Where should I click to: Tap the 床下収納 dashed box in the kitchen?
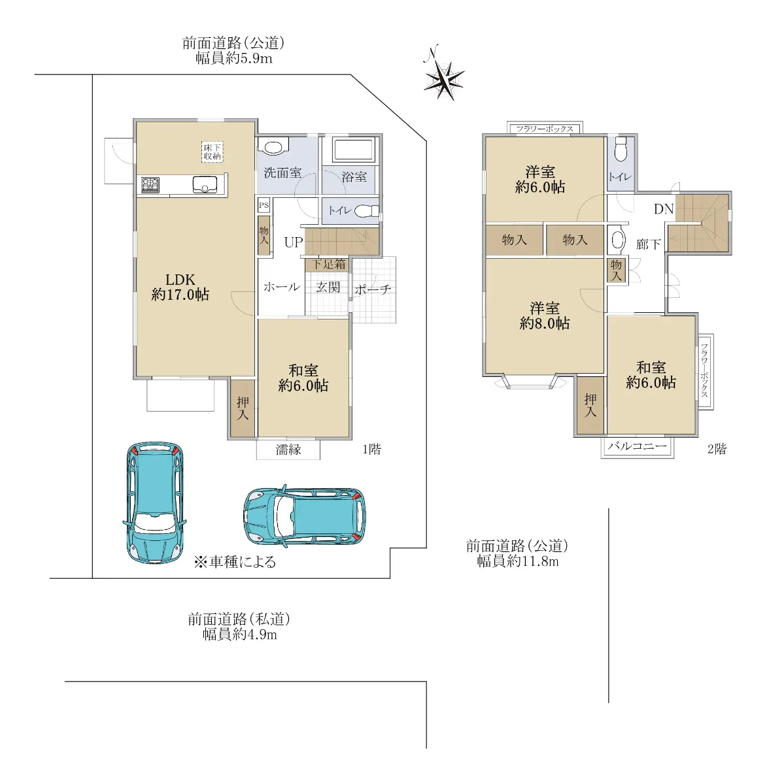click(212, 152)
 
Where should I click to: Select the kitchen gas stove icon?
click(150, 185)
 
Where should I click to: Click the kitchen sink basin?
click(205, 185)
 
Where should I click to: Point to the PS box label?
click(264, 205)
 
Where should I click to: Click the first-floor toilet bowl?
click(367, 211)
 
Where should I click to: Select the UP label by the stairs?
click(293, 242)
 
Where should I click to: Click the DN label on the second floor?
click(664, 208)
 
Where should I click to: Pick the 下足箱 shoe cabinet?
click(328, 265)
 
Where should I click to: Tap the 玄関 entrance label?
click(328, 287)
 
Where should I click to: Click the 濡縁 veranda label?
click(288, 449)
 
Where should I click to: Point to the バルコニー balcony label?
click(637, 446)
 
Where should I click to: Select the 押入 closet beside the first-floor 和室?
click(243, 408)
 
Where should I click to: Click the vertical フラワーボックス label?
click(704, 370)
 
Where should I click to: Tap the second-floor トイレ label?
click(621, 177)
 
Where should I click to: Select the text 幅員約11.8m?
click(518, 561)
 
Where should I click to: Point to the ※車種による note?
click(235, 562)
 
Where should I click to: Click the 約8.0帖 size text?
click(545, 323)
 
